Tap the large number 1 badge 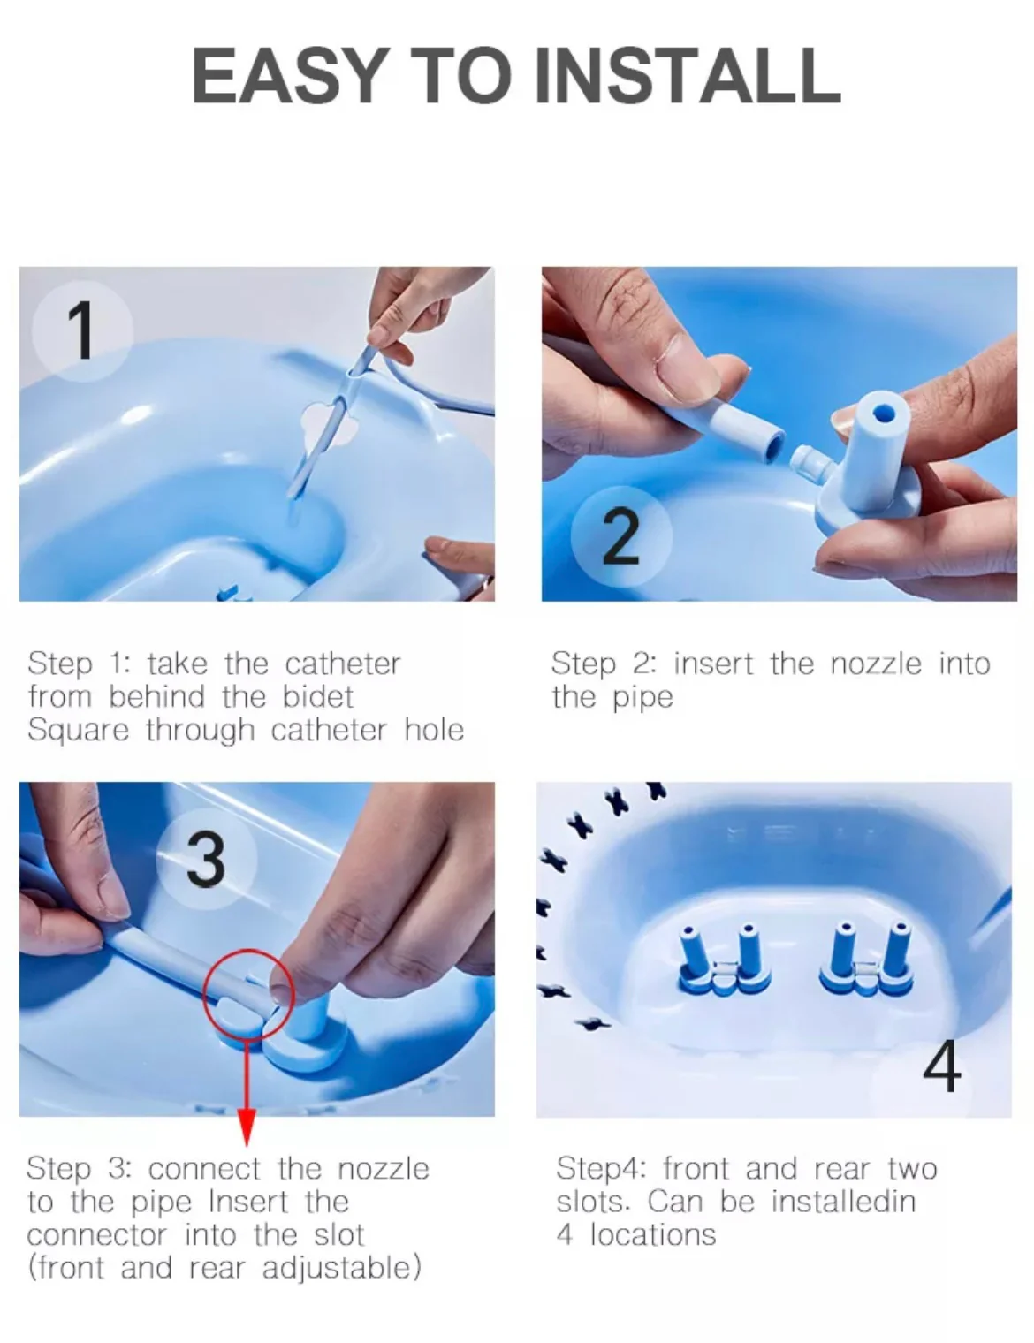pyautogui.click(x=81, y=330)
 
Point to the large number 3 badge pyautogui.click(x=206, y=859)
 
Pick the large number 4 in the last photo pyautogui.click(x=942, y=1066)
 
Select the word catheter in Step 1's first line pyautogui.click(x=342, y=664)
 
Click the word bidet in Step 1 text pyautogui.click(x=317, y=697)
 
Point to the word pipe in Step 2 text pyautogui.click(x=642, y=699)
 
